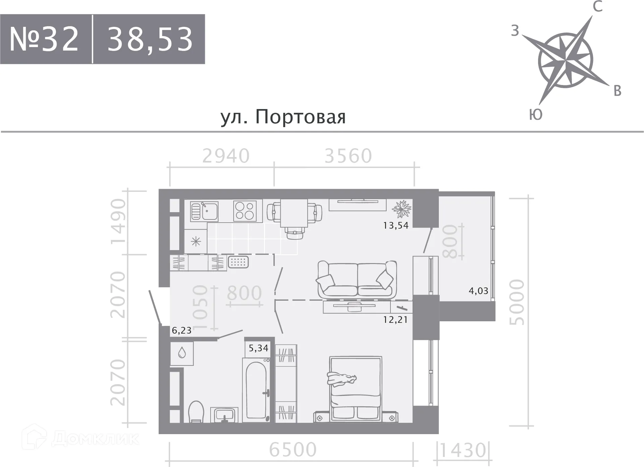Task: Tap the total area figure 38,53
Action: (150, 39)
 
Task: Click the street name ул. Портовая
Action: (283, 117)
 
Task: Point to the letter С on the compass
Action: (597, 7)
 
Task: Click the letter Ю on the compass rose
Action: (536, 115)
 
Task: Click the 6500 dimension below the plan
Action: (292, 450)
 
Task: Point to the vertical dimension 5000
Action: (517, 302)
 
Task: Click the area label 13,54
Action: (396, 225)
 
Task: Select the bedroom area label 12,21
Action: (395, 320)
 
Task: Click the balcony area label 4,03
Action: (478, 291)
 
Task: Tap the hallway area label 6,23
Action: (181, 330)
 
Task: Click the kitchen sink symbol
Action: (204, 211)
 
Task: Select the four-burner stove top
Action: (245, 211)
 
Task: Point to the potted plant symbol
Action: (401, 209)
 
